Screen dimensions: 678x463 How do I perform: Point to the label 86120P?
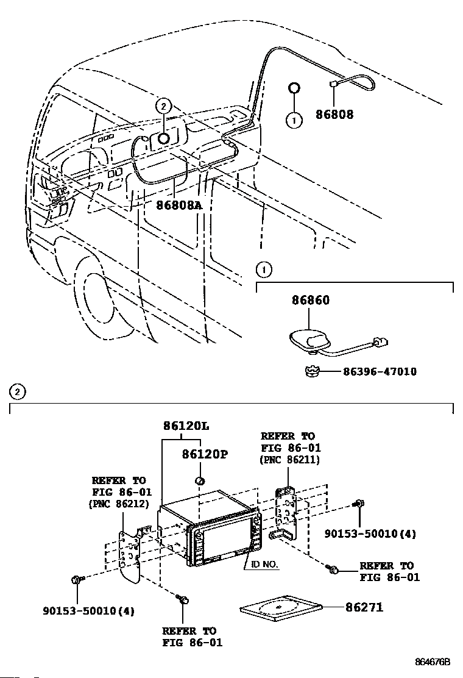coord(203,455)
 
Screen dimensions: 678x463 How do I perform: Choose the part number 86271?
coord(364,607)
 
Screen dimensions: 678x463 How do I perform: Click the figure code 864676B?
coord(433,662)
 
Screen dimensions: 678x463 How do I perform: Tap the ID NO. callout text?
coord(263,565)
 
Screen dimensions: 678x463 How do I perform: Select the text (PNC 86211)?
coord(290,460)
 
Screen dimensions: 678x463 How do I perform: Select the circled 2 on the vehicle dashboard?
coord(163,105)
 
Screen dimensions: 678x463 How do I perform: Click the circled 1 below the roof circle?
coord(294,121)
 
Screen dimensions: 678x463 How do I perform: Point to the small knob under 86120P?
coord(199,481)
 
